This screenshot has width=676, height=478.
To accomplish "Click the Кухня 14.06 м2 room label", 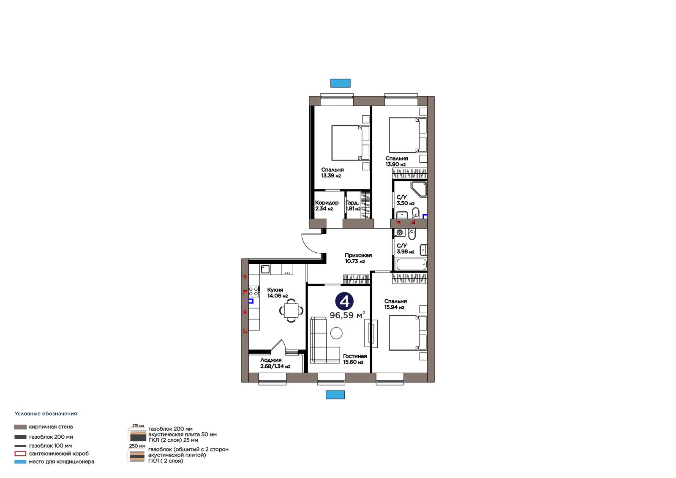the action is (x=277, y=293).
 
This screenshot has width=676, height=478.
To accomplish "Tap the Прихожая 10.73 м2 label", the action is (x=358, y=258).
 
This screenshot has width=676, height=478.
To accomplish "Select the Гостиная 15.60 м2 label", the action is (x=355, y=359).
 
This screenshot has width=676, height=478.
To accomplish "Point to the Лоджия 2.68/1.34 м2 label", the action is (x=275, y=363).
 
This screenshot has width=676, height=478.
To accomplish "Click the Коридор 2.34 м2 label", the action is (x=327, y=206).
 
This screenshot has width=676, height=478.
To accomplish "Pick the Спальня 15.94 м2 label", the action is (x=395, y=304).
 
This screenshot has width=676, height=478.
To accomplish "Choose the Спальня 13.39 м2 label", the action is (x=332, y=173).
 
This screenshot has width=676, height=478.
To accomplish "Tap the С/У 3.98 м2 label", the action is (x=405, y=249).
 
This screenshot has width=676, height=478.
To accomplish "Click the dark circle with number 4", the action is (x=344, y=301).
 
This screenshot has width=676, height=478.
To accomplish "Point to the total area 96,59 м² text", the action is (x=347, y=315).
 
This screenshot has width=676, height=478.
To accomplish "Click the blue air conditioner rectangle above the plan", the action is (x=340, y=83).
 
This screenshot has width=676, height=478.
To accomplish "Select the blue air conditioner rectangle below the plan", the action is (x=335, y=395).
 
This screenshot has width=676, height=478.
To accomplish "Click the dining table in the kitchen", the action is (x=291, y=310).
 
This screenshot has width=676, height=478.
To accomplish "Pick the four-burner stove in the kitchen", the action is (x=253, y=291).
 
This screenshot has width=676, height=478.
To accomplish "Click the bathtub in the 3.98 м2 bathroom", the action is (x=411, y=265).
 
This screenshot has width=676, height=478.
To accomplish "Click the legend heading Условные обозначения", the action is (x=46, y=414).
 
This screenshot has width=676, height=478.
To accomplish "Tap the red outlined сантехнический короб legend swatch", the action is (x=20, y=453).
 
